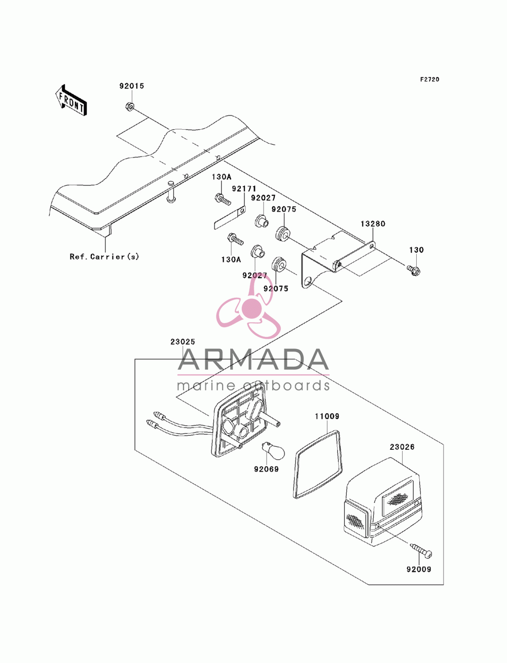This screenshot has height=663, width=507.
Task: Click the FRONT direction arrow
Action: tap(71, 100)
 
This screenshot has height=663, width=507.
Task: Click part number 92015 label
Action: tap(131, 86)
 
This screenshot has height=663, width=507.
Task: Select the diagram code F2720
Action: tap(429, 80)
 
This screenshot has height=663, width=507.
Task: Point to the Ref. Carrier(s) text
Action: tap(104, 256)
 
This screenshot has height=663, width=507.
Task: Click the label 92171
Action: tap(244, 189)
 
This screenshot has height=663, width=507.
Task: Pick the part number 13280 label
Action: tap(373, 224)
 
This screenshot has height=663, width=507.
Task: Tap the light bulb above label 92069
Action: tap(273, 451)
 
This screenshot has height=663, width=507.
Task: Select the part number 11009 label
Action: tap(327, 416)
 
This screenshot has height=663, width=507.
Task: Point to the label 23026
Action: tap(402, 447)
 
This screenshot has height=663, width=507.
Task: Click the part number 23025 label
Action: tap(183, 342)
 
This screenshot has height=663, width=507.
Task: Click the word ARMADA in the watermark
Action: tap(253, 360)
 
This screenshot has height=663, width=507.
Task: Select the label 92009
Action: tap(419, 569)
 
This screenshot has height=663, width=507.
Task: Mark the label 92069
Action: tap(266, 470)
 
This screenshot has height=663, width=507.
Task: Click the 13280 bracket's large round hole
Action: tap(308, 282)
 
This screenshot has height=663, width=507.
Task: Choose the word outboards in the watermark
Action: tap(286, 385)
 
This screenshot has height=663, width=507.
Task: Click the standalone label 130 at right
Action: tap(416, 250)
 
